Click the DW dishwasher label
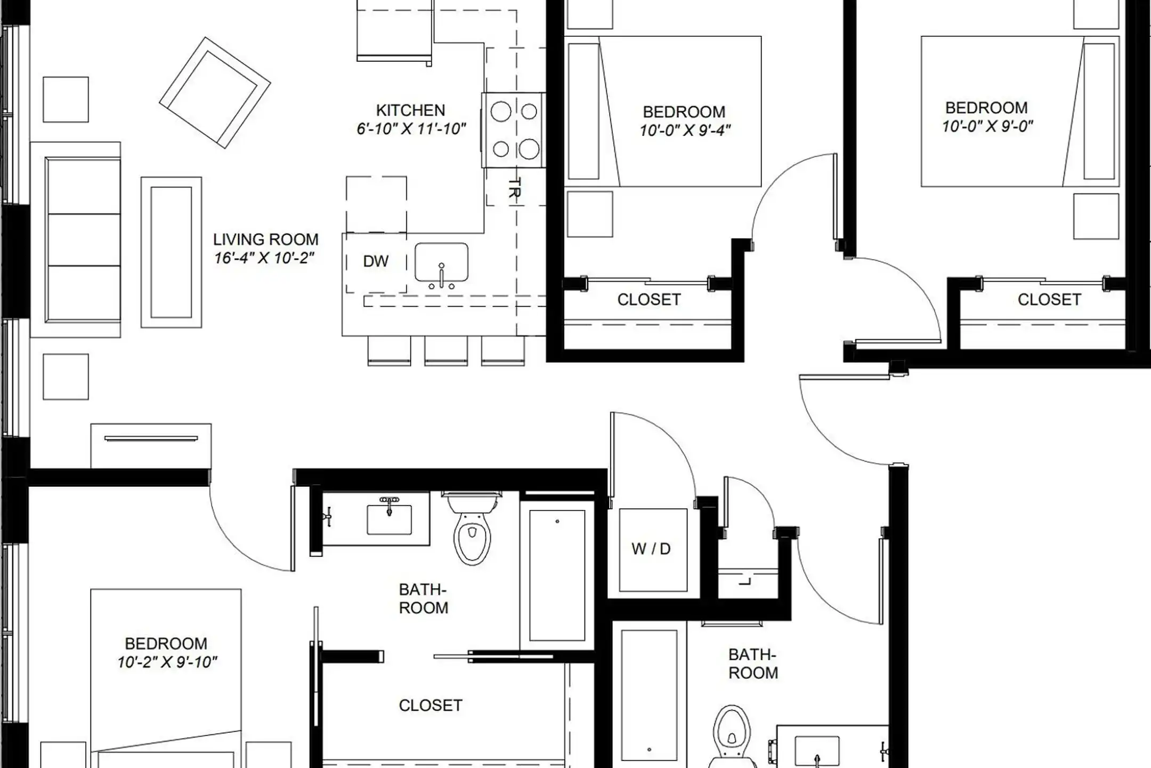point(376,261)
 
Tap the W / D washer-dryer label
point(651,549)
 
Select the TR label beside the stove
point(514,188)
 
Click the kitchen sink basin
point(441,262)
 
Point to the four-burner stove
point(513,130)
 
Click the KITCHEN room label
point(410,110)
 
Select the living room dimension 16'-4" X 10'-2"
point(264,258)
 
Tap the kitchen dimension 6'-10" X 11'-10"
point(411,129)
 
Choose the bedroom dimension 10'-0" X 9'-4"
point(685,131)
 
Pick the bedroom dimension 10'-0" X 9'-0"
point(987,126)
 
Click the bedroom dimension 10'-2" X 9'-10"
point(167,662)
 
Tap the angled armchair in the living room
point(215,92)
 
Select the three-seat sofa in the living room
point(76,239)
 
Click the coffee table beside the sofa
point(171,252)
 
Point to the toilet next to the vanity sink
point(472,528)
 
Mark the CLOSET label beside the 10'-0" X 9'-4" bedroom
point(649,300)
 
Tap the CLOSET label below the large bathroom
point(431,706)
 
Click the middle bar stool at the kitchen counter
point(446,350)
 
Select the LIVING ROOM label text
point(266,239)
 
